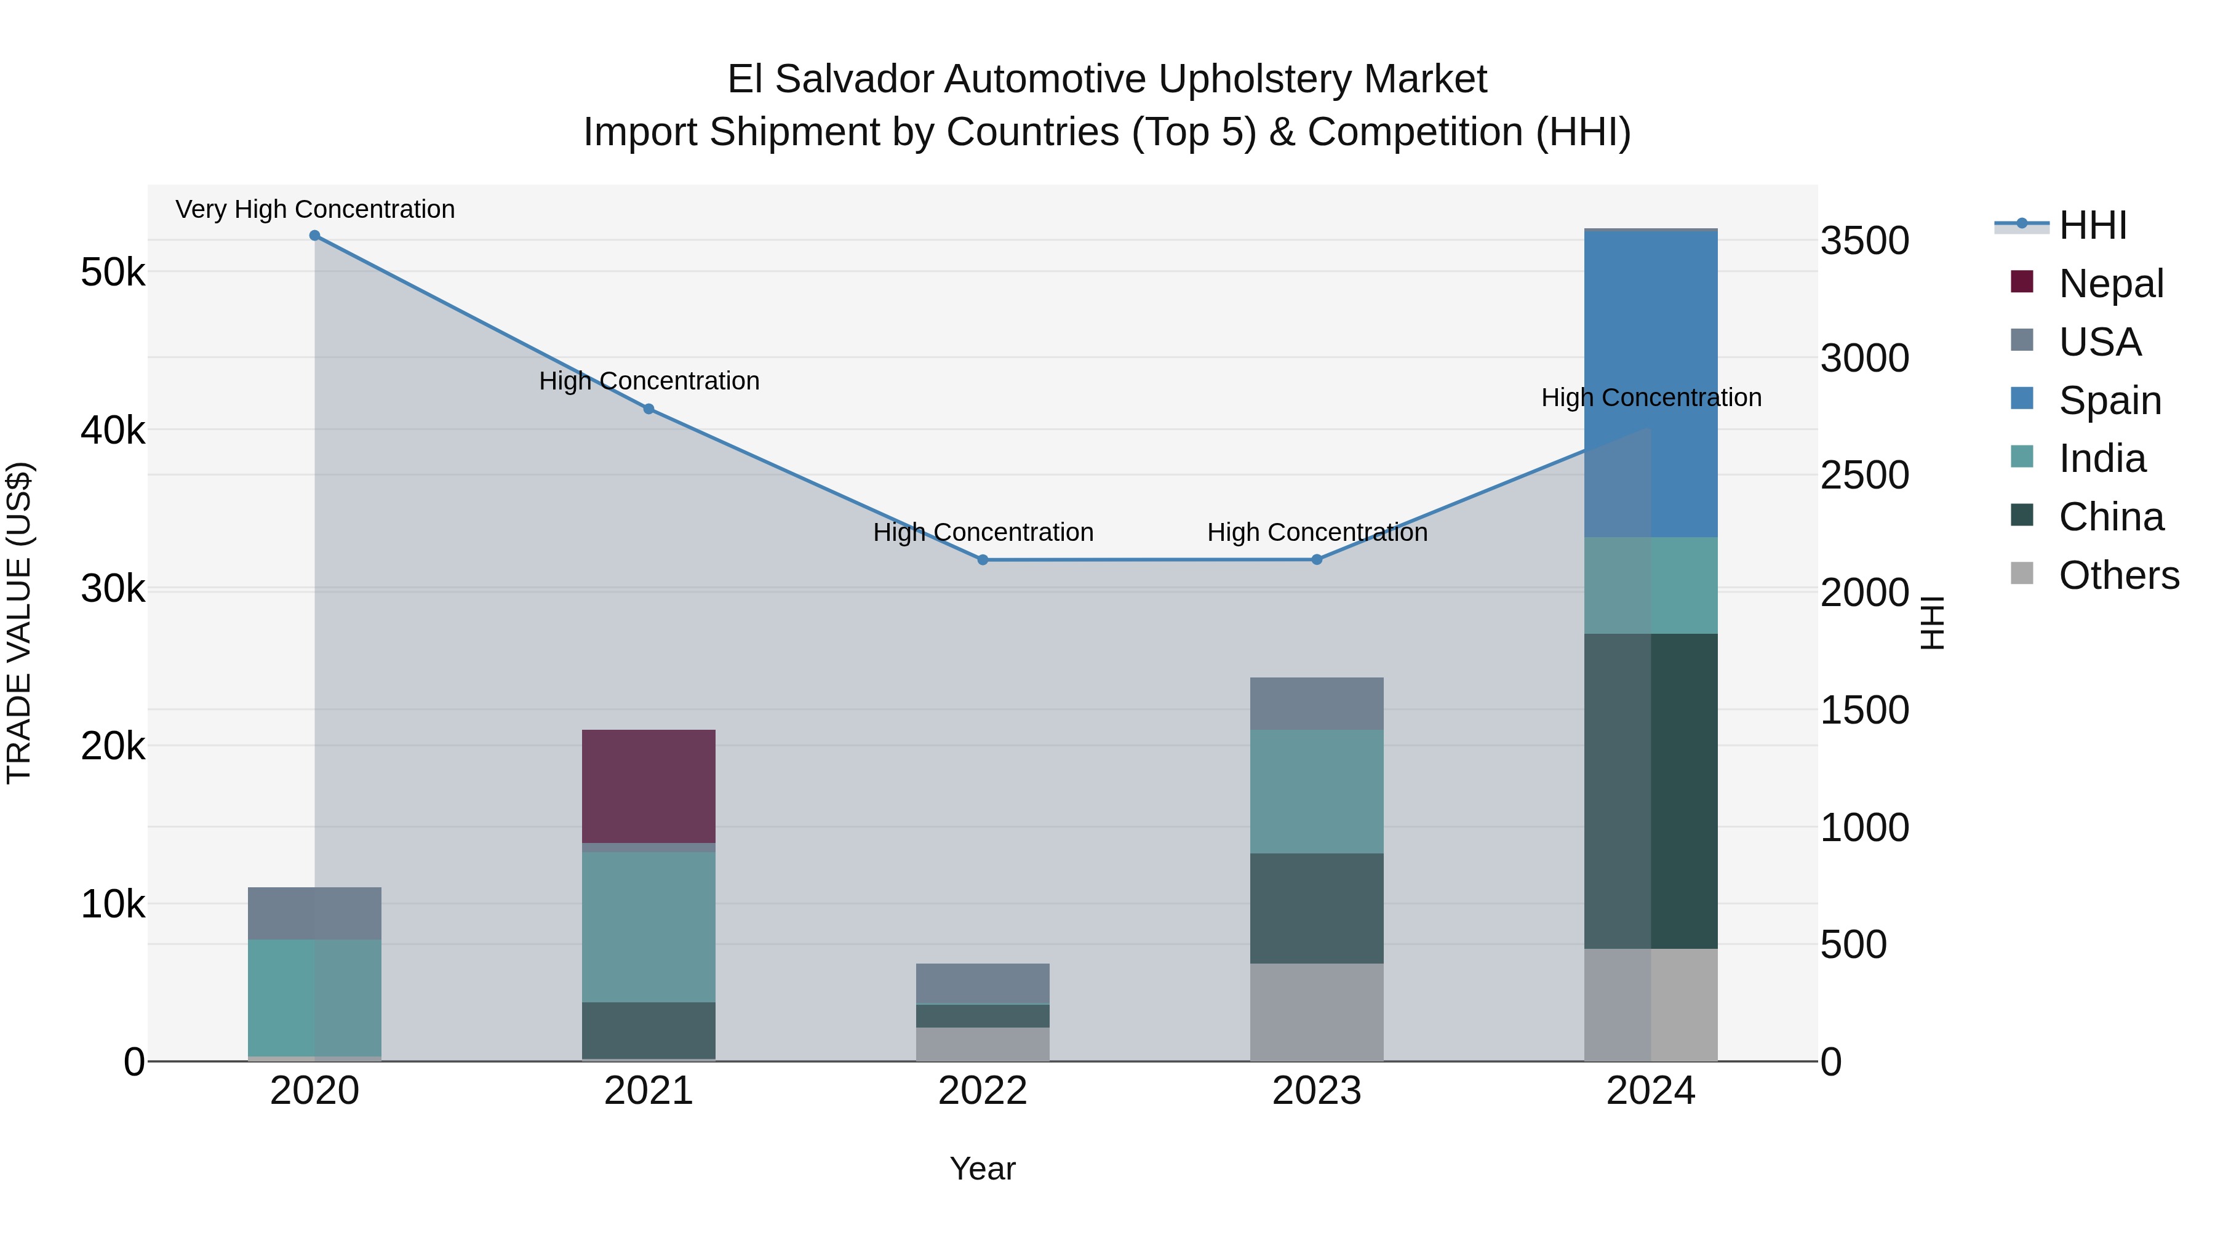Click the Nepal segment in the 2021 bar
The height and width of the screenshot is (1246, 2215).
click(649, 785)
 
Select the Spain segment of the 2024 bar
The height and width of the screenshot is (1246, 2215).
click(1650, 383)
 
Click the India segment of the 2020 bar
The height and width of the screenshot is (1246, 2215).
click(314, 997)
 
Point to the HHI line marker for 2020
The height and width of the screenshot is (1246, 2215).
click(314, 236)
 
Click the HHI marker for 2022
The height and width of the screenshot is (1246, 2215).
click(983, 560)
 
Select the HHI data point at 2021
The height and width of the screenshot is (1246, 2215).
click(649, 409)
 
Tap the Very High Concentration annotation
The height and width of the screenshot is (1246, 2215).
click(314, 209)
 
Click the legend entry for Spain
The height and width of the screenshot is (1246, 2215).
click(2109, 401)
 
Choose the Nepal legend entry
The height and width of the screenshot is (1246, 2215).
click(2110, 284)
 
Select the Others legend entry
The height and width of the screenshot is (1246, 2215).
click(2118, 575)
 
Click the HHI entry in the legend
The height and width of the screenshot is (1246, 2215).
click(2092, 225)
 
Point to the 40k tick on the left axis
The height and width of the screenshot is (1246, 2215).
click(113, 431)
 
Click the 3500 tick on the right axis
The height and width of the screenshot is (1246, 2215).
click(1864, 241)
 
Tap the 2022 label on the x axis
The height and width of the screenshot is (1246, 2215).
click(983, 1091)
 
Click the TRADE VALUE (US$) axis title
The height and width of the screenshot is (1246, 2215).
click(19, 623)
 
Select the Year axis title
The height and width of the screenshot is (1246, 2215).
click(982, 1168)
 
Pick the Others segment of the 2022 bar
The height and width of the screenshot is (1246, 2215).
click(982, 1044)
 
